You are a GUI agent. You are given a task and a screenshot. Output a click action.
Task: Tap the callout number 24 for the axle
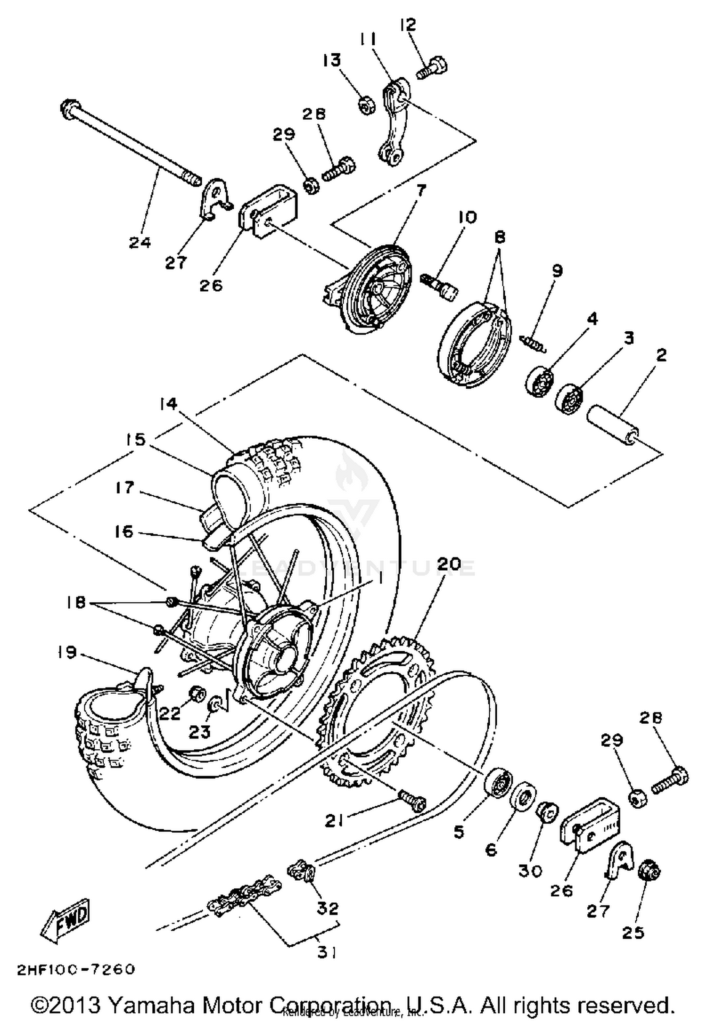[x=140, y=243]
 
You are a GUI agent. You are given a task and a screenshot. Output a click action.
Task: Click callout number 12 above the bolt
[x=408, y=25]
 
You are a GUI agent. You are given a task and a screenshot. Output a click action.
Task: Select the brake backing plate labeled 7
[x=377, y=287]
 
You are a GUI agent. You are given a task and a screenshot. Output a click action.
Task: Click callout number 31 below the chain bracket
[x=327, y=953]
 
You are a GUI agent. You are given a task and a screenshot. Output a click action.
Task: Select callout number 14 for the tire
[x=168, y=404]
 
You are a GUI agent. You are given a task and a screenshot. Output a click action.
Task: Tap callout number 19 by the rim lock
[x=67, y=653]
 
